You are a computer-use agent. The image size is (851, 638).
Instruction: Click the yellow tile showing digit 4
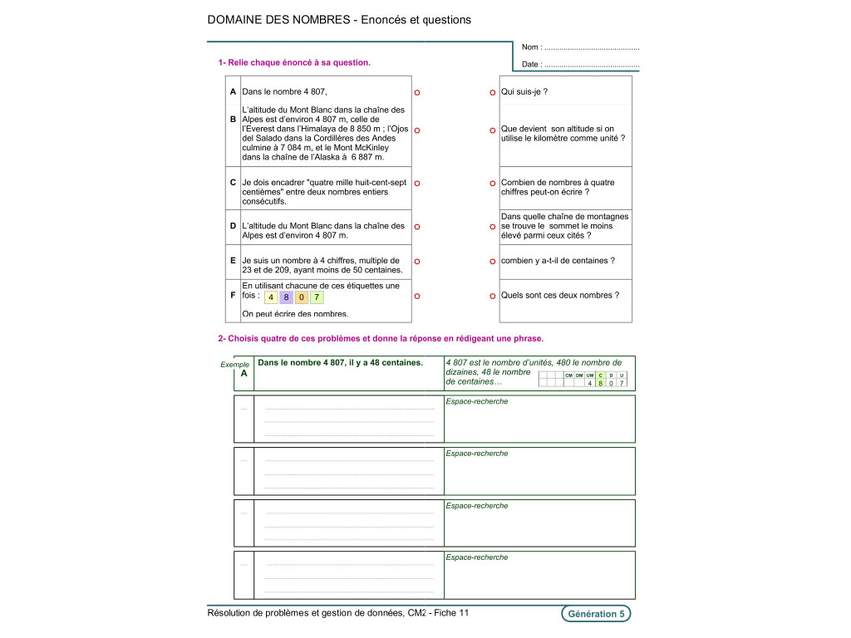point(272,297)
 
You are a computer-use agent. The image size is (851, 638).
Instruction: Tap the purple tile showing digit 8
point(287,297)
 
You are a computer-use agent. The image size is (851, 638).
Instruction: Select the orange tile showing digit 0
point(302,297)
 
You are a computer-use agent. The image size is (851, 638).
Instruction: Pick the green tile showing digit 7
point(317,297)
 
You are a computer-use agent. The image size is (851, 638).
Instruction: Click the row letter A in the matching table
point(234,91)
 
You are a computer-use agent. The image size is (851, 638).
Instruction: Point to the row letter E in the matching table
point(234,261)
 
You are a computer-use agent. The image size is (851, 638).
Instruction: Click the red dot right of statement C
point(417,184)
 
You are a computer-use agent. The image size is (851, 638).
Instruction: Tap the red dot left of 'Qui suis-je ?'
point(493,92)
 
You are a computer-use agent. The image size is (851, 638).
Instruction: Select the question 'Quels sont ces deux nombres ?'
point(559,295)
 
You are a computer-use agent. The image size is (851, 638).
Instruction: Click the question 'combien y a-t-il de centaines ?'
point(558,261)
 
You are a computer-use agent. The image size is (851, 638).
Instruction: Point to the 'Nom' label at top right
point(531,48)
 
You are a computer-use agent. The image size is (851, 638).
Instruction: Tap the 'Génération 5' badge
point(596,614)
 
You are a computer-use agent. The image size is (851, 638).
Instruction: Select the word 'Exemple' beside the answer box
point(234,365)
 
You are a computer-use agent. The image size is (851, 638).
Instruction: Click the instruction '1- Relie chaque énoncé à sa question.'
point(294,62)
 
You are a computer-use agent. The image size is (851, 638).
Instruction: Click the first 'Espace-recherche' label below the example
point(476,401)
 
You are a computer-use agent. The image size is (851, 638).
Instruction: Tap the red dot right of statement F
point(417,296)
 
